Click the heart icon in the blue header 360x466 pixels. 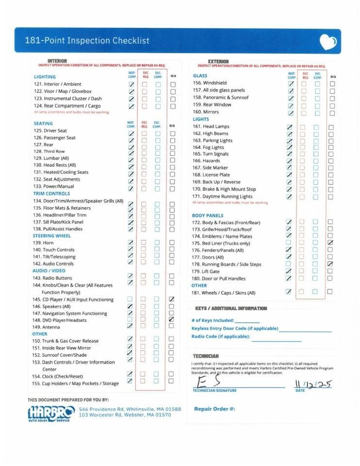328,42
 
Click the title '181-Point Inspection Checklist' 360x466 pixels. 87,41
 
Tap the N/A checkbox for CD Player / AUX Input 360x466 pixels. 172,300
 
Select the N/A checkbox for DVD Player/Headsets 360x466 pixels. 172,320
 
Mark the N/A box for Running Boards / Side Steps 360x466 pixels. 330,264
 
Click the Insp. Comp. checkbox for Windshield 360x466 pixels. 291,83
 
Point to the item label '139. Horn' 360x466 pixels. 43,243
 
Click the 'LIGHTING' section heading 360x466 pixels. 45,77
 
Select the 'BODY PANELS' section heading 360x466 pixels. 208,216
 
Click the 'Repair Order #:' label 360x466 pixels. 214,409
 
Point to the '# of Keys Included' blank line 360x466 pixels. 247,322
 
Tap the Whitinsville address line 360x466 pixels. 130,409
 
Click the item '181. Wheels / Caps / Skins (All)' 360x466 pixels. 224,293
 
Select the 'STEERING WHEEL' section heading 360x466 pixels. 52,236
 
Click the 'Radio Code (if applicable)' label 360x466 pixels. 221,336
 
